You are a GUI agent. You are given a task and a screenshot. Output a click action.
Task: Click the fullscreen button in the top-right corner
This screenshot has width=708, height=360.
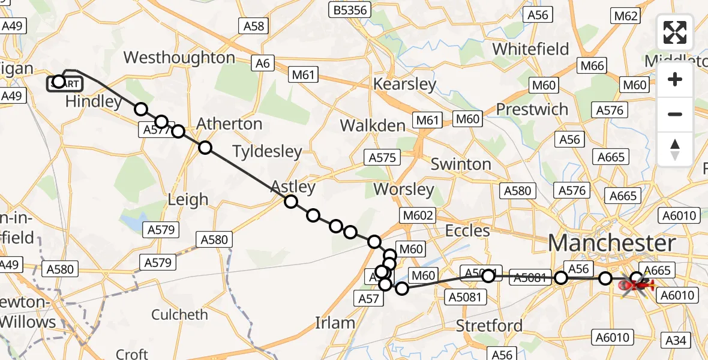click(675, 32)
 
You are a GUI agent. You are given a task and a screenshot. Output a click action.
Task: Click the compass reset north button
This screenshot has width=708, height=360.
click(675, 149)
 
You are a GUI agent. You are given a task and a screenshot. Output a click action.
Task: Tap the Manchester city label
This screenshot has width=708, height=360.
click(611, 244)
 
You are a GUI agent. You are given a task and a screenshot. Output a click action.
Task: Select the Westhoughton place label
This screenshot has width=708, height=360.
click(179, 58)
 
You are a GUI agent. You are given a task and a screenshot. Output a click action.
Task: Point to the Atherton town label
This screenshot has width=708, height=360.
click(230, 124)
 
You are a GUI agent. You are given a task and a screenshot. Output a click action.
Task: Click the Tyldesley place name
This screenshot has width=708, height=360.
click(267, 151)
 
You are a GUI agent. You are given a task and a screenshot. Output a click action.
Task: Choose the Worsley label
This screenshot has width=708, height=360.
click(403, 190)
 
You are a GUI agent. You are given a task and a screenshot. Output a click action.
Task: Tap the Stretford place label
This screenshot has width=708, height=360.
click(489, 326)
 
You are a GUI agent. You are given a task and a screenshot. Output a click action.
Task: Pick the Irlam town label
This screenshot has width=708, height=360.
click(335, 323)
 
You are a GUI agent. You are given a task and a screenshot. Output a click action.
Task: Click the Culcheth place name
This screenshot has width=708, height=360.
click(179, 314)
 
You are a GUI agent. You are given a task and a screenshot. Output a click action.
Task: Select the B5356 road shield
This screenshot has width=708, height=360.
click(351, 10)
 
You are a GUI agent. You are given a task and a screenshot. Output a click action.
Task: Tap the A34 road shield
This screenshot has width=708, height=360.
click(676, 341)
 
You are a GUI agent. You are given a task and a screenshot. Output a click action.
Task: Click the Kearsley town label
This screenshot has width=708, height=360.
click(404, 84)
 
